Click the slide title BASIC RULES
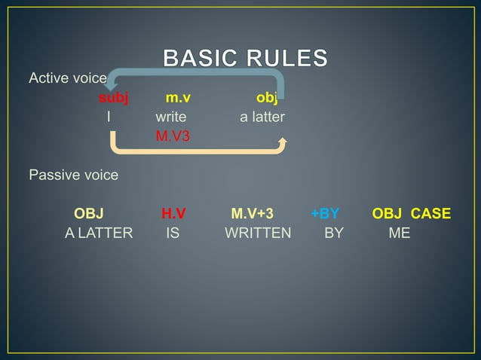click(x=246, y=58)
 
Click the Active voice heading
click(x=68, y=78)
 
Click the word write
click(x=171, y=117)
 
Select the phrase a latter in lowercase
click(x=262, y=117)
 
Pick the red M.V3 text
click(x=173, y=137)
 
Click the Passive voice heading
click(x=73, y=175)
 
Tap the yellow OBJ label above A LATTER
click(x=88, y=214)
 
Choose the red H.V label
click(x=173, y=214)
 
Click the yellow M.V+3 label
click(x=253, y=214)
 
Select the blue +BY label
click(x=325, y=214)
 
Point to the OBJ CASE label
click(x=412, y=214)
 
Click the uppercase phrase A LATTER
click(x=99, y=233)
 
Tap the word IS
click(x=173, y=233)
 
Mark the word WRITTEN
click(x=258, y=233)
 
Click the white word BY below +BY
click(x=334, y=233)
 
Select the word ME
click(x=400, y=233)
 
